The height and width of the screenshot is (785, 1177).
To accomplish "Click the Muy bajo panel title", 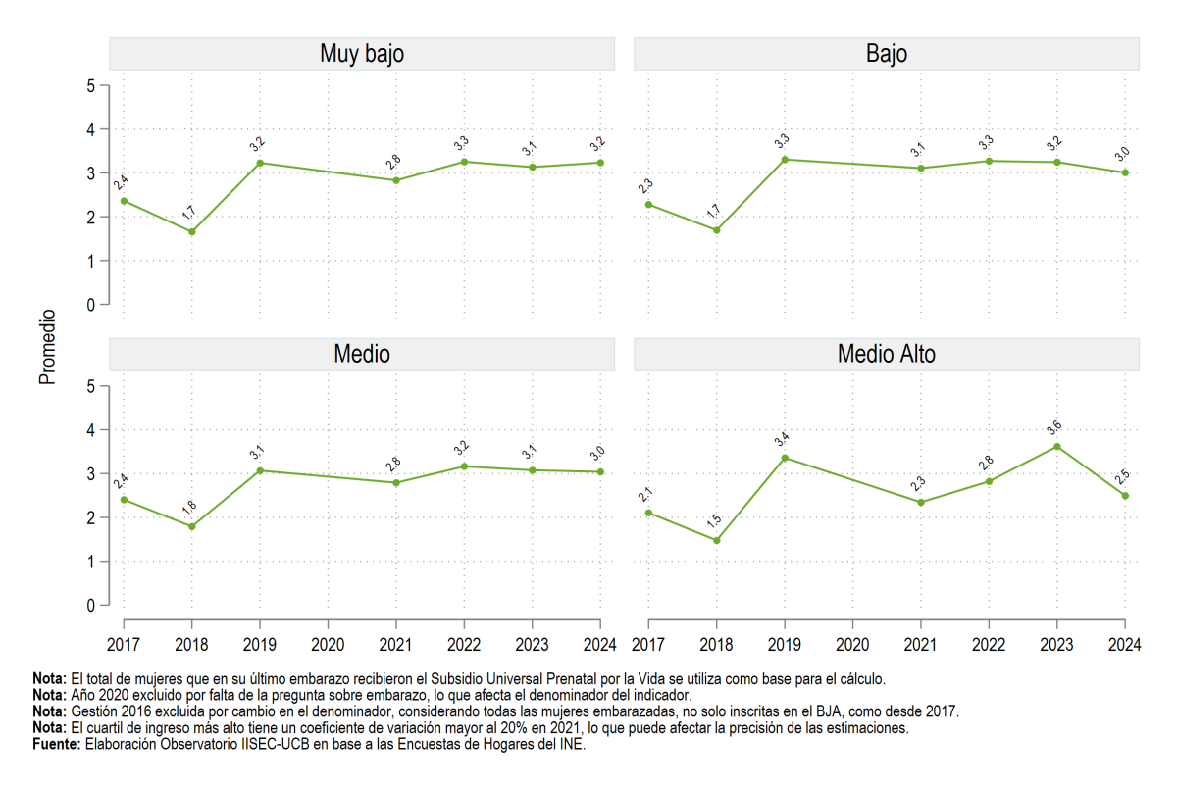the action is coord(362,54).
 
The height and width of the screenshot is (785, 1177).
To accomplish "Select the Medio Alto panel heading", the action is coord(887,354).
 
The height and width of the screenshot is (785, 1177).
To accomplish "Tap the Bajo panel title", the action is coord(887,54).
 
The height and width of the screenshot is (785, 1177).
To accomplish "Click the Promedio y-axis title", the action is coord(47,347).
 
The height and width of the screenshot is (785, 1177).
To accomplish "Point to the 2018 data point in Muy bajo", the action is coord(192,231).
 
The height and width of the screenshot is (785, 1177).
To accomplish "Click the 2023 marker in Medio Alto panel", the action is coord(1056,447).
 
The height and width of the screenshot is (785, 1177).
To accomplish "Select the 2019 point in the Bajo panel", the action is coord(785,160).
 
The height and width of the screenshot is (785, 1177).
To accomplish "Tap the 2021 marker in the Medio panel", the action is coord(396,483).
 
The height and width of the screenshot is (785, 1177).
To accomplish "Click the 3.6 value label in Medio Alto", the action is coord(1053,428).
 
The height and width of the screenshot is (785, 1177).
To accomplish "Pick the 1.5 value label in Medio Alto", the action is coord(714,520).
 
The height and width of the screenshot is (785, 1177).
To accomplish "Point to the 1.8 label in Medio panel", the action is coord(188,508).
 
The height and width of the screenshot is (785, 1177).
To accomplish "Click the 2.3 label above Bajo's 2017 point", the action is coord(645,186).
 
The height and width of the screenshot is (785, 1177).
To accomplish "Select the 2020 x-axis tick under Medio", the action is coord(328,644).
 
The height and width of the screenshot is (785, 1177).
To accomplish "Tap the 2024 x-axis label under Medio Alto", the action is coord(1124,644).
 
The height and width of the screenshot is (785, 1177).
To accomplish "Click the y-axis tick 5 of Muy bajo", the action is coord(91,86).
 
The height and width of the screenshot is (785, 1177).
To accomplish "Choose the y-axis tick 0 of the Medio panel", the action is coord(91,606).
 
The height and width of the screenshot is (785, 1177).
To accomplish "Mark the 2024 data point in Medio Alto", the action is coord(1125,496).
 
